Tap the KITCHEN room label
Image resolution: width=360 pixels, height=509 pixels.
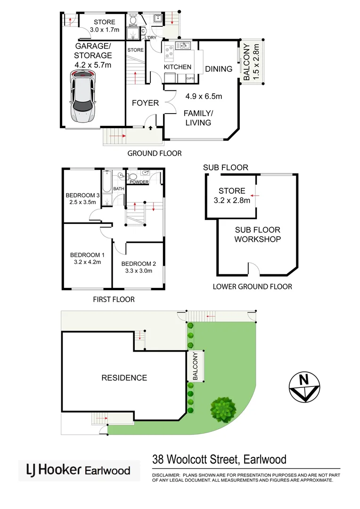[x=178, y=67]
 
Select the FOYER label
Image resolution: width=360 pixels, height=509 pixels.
[x=145, y=103]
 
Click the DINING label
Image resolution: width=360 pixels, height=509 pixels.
[x=219, y=69]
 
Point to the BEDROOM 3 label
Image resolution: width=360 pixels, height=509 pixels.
[x=83, y=196]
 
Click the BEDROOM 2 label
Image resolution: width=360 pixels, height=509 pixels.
[x=139, y=264]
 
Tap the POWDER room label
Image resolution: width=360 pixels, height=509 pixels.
[x=139, y=182]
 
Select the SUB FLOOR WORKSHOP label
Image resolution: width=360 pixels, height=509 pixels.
[x=258, y=234]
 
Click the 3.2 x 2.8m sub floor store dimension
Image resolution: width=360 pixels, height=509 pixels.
[x=232, y=199]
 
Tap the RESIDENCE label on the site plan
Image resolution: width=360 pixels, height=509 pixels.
[x=124, y=378]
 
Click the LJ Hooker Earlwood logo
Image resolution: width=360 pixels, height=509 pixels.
[x=79, y=470]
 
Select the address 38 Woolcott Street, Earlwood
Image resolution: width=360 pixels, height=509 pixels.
[x=219, y=459]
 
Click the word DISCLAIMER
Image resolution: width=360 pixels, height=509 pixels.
[x=166, y=476]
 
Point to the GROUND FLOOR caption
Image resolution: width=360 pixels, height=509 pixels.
[x=155, y=153]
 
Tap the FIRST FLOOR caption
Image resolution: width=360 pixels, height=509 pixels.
[x=114, y=299]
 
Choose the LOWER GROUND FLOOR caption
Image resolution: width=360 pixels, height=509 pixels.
[x=253, y=287]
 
